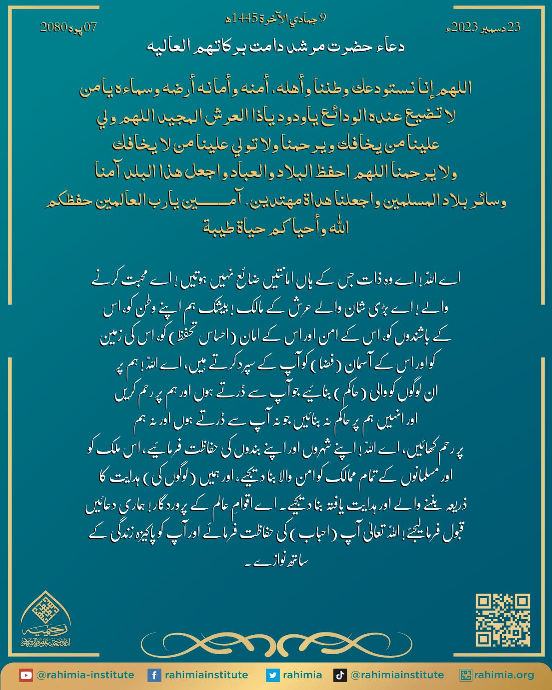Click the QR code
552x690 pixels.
[503, 620]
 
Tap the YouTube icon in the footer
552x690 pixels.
[26, 675]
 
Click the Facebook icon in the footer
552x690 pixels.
[154, 675]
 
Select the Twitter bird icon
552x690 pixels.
[273, 675]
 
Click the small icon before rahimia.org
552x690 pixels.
[466, 675]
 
